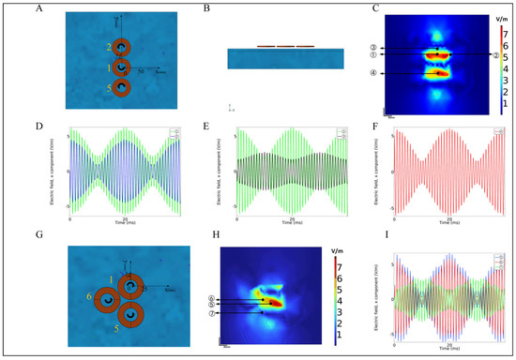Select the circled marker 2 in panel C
(470, 54)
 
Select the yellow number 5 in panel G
(116, 329)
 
